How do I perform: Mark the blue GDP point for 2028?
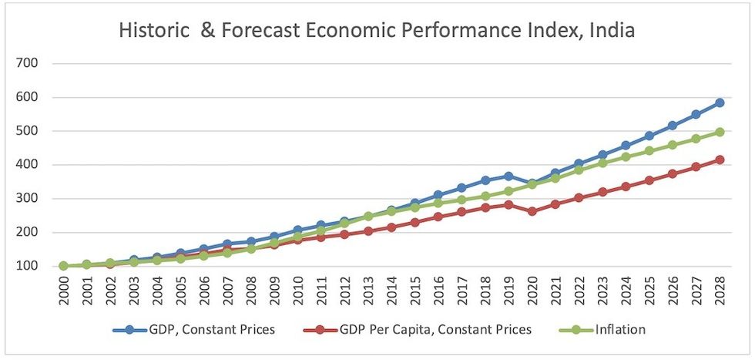719,103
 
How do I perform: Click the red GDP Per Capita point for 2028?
719,160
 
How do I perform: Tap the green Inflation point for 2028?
719,132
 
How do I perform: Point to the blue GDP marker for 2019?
508,177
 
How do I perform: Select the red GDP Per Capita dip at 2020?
532,210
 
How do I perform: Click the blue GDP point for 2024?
626,145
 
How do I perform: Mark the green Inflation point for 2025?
649,150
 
